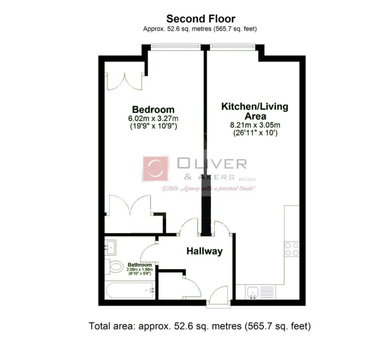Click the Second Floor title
(201, 19)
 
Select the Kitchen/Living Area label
(255, 111)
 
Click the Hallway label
(204, 251)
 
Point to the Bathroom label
(140, 265)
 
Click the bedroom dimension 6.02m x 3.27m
(153, 118)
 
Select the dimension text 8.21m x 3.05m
(255, 125)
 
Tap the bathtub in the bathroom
(129, 290)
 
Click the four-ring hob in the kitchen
(291, 249)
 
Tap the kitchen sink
(252, 292)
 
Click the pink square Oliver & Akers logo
(156, 169)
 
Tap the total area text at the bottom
(200, 326)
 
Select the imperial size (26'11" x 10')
(255, 133)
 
